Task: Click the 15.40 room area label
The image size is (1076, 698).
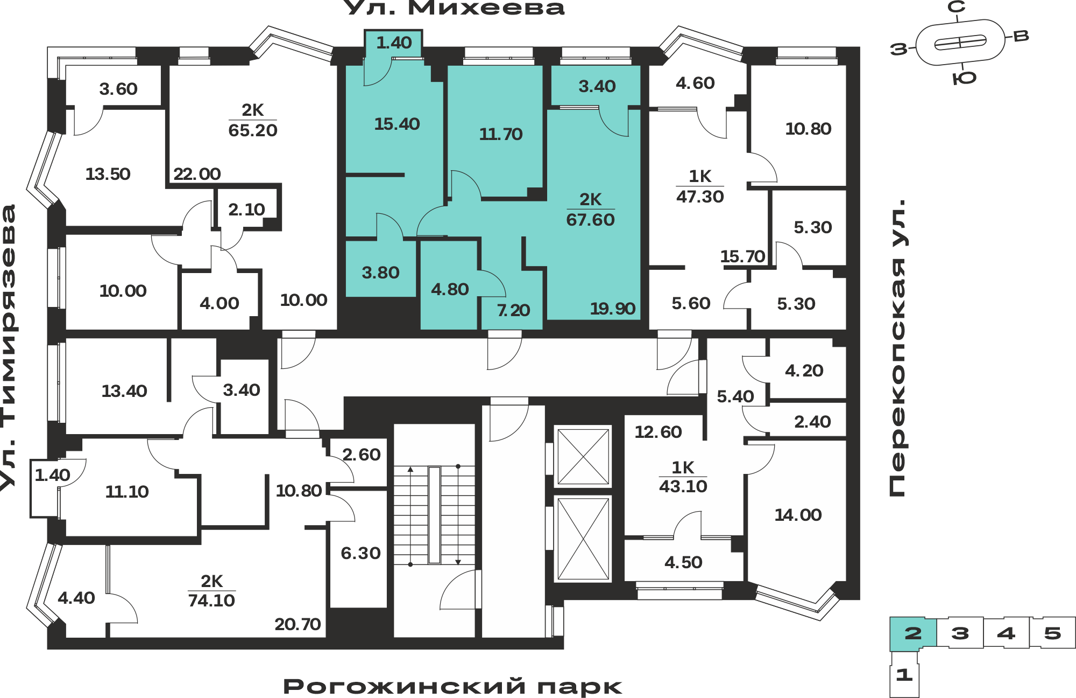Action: [397, 124]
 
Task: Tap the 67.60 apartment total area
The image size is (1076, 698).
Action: [590, 220]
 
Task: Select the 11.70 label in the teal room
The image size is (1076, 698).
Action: [501, 134]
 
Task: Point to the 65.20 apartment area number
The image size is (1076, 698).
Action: [253, 130]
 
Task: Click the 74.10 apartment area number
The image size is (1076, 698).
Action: [211, 601]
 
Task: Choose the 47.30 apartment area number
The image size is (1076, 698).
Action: [700, 197]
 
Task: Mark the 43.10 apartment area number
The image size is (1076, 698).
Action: [683, 486]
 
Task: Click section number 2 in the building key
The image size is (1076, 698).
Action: [913, 633]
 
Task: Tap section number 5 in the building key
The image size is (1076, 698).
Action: [1053, 633]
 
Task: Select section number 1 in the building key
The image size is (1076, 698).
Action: [904, 674]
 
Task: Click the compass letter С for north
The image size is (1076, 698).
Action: [957, 7]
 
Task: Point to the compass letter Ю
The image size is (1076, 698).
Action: [964, 79]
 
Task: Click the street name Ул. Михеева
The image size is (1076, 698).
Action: [454, 8]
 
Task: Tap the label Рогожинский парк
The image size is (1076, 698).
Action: [452, 687]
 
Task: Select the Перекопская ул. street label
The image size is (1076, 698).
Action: [897, 348]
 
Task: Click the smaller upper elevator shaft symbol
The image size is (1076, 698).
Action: [583, 457]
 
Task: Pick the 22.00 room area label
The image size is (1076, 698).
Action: [197, 174]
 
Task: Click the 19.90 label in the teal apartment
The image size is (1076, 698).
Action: [613, 309]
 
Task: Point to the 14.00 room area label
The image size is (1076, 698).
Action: [798, 515]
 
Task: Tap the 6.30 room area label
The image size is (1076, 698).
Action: [360, 553]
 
